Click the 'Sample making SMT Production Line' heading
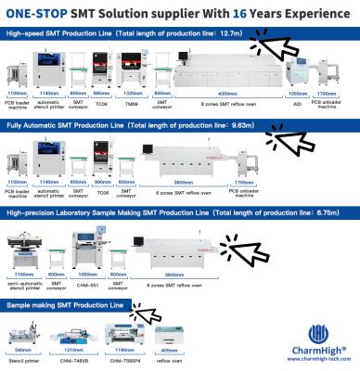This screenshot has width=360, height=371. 56,304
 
